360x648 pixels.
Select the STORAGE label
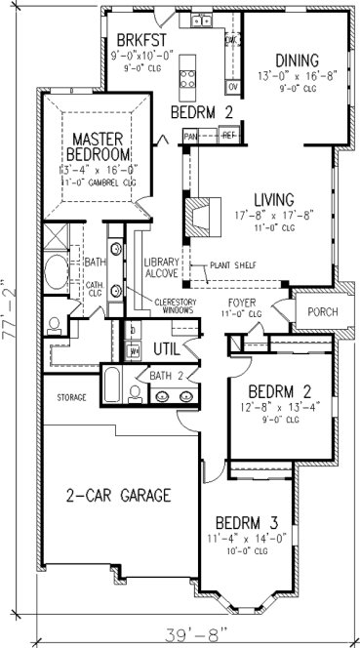[72, 398]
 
